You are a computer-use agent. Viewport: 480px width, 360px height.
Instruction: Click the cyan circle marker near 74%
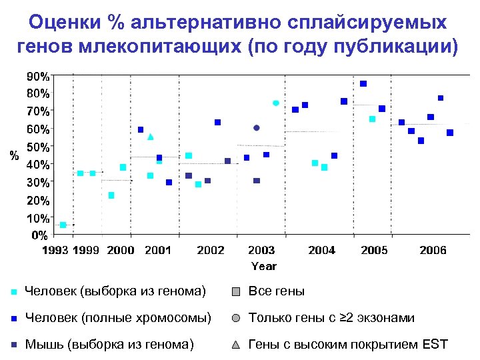click(x=276, y=103)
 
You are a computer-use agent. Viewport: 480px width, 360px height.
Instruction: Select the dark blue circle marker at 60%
click(x=257, y=127)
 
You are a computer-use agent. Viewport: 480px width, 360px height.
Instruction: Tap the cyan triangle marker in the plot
click(x=151, y=137)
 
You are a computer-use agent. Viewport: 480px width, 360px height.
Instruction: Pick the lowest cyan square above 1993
click(x=63, y=225)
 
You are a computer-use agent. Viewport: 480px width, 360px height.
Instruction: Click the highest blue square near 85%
click(x=363, y=83)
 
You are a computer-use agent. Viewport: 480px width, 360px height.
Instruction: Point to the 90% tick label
click(x=37, y=76)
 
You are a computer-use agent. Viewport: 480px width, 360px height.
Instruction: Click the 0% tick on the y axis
click(x=40, y=235)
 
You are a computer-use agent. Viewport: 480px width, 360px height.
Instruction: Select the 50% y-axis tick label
click(x=37, y=146)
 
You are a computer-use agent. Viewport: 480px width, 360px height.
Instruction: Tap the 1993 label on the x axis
click(x=55, y=251)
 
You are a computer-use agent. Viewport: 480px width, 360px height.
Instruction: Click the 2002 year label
click(x=211, y=251)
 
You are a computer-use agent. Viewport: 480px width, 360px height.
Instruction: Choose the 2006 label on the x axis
click(x=433, y=251)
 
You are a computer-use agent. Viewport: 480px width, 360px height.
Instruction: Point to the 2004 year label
click(x=322, y=251)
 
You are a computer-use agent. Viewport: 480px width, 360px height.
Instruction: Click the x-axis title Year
click(x=263, y=266)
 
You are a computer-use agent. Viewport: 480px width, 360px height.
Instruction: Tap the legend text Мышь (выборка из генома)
click(x=109, y=345)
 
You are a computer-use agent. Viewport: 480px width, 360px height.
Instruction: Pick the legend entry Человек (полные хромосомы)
click(x=117, y=318)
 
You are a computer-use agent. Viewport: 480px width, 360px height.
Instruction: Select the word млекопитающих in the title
click(x=155, y=47)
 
